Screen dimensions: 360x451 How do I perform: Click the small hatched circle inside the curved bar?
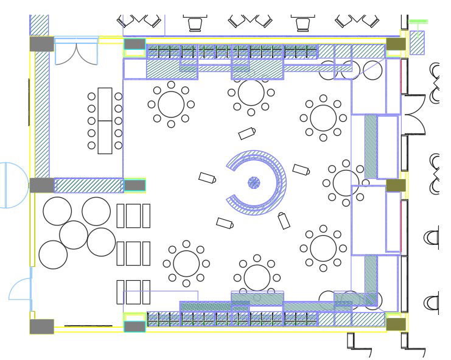click(x=254, y=182)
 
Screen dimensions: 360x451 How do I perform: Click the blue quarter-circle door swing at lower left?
click(x=20, y=289)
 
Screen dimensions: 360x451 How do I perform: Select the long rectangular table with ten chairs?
click(x=105, y=121)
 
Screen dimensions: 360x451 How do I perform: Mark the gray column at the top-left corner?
click(x=41, y=44)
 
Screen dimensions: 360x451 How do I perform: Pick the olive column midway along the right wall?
click(x=396, y=185)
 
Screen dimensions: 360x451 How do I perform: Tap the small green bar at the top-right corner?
click(x=418, y=22)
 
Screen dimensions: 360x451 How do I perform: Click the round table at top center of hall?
click(x=251, y=93)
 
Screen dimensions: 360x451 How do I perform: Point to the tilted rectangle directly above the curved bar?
click(x=247, y=133)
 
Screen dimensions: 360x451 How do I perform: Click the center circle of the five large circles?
click(x=74, y=235)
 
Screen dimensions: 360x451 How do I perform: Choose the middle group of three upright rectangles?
click(x=133, y=253)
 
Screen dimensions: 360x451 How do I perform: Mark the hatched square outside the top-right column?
click(x=417, y=43)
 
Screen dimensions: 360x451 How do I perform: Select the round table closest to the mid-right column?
click(x=346, y=182)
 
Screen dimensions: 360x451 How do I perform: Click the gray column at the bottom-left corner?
click(x=41, y=326)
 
